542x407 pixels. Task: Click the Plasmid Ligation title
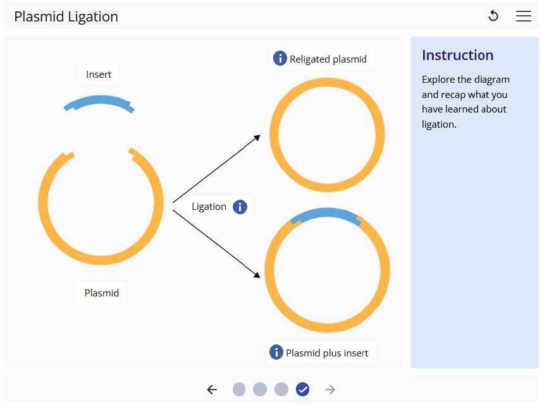[x=66, y=16]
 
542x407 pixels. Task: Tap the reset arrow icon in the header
[x=493, y=16]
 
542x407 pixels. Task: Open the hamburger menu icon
[x=524, y=16]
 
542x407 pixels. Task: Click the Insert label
[x=99, y=75]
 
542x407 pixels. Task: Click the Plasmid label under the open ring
[x=101, y=293]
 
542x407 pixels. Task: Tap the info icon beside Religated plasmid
[x=280, y=59]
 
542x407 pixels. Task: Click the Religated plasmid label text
[x=328, y=59]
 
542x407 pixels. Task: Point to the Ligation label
[x=209, y=207]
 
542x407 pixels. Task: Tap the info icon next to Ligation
[x=240, y=207]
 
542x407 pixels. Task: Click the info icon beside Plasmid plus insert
[x=276, y=353]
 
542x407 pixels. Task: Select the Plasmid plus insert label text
[x=327, y=353]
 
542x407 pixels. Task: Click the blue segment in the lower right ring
[x=326, y=213]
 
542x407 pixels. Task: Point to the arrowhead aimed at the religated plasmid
[x=257, y=137]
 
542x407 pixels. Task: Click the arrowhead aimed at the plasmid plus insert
[x=257, y=275]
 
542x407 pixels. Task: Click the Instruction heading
[x=457, y=55]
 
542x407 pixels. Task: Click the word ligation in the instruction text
[x=439, y=124]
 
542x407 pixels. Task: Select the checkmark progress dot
[x=302, y=389]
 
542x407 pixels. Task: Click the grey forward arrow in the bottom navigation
[x=330, y=389]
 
